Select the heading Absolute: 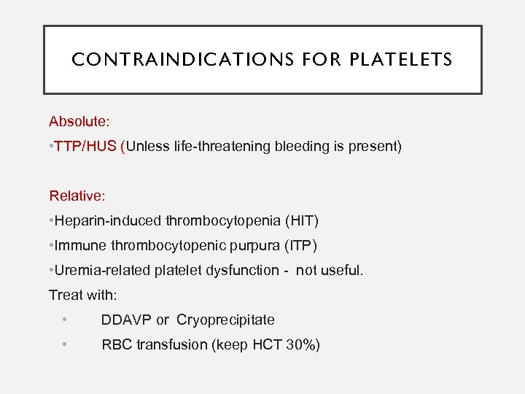click(x=77, y=120)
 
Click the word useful click(x=343, y=271)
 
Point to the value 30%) click(x=302, y=345)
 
